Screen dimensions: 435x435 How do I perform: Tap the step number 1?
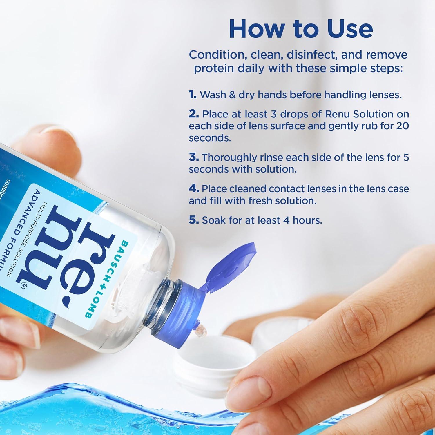pos(193,95)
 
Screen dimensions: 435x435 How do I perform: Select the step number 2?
pos(194,114)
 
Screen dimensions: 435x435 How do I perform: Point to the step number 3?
pos(194,157)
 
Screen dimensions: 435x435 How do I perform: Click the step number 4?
pos(194,188)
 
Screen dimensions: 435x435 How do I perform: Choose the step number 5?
pos(194,220)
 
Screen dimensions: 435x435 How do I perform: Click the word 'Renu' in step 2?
pos(337,114)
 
